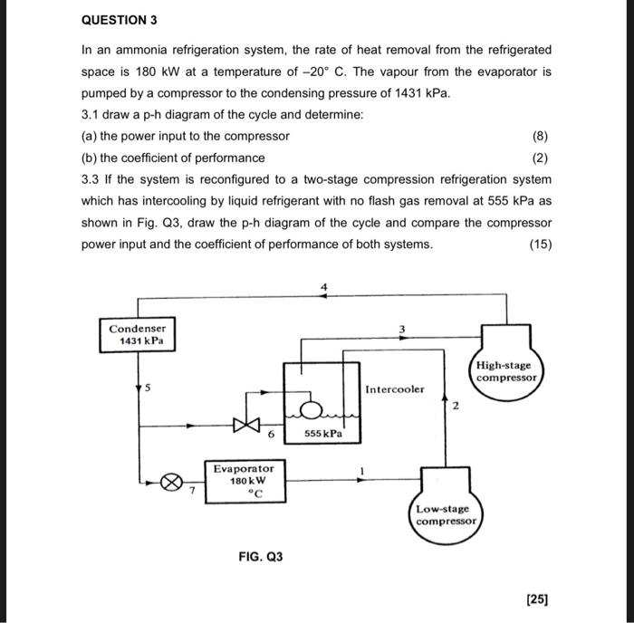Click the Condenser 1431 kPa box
tap(137, 334)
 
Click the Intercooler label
tap(394, 389)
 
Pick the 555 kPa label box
tap(323, 434)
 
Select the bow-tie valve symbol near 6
tap(243, 423)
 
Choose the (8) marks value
tap(542, 136)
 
